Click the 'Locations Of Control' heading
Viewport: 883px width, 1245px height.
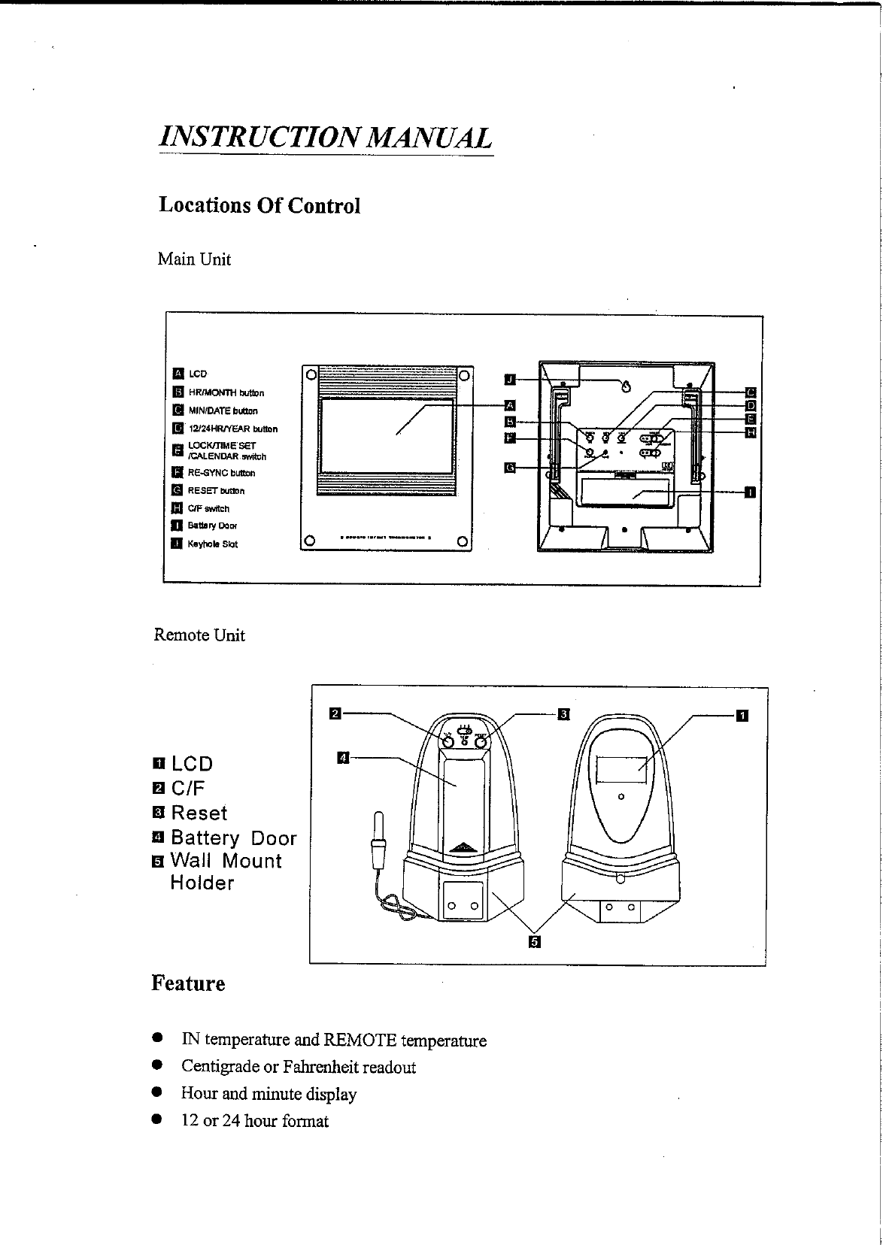259,205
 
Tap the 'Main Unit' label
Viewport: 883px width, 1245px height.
194,259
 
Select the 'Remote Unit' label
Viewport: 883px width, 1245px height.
199,635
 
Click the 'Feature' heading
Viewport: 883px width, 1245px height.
188,983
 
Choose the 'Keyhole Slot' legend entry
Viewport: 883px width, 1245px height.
212,544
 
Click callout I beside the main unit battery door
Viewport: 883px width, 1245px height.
750,492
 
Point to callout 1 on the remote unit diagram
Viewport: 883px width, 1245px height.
742,714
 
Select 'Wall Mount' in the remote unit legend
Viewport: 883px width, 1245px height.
226,861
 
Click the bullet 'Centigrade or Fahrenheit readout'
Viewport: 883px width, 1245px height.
298,1067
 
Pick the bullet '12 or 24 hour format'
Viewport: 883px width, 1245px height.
255,1121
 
